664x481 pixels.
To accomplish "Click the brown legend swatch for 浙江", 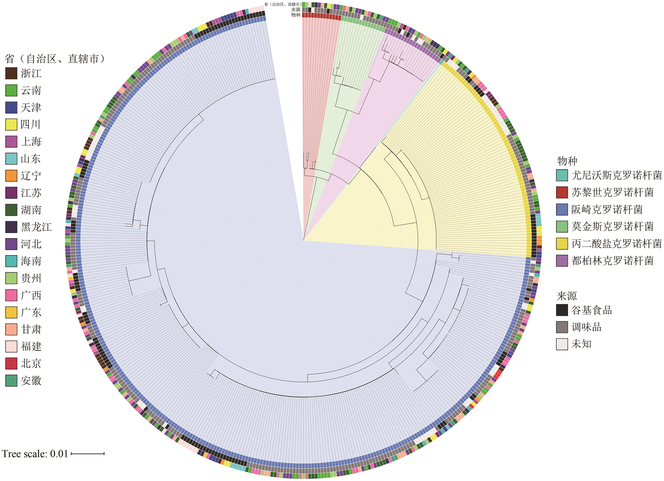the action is pyautogui.click(x=11, y=73).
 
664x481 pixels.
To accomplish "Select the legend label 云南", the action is pyautogui.click(x=31, y=90).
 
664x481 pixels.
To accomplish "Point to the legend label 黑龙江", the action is pyautogui.click(x=36, y=227).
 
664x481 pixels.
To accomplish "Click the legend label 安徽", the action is pyautogui.click(x=31, y=381).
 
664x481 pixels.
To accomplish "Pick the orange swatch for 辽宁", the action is pyautogui.click(x=11, y=176).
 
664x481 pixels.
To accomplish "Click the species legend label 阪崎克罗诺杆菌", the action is pyautogui.click(x=607, y=209).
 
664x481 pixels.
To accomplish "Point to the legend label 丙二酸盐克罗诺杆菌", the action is pyautogui.click(x=616, y=244).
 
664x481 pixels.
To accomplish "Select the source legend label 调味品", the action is pyautogui.click(x=586, y=327).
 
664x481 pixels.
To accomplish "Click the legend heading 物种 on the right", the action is pyautogui.click(x=567, y=161).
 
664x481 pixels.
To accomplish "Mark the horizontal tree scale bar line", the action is pyautogui.click(x=88, y=454).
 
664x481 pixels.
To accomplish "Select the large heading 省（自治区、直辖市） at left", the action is pyautogui.click(x=55, y=59).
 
